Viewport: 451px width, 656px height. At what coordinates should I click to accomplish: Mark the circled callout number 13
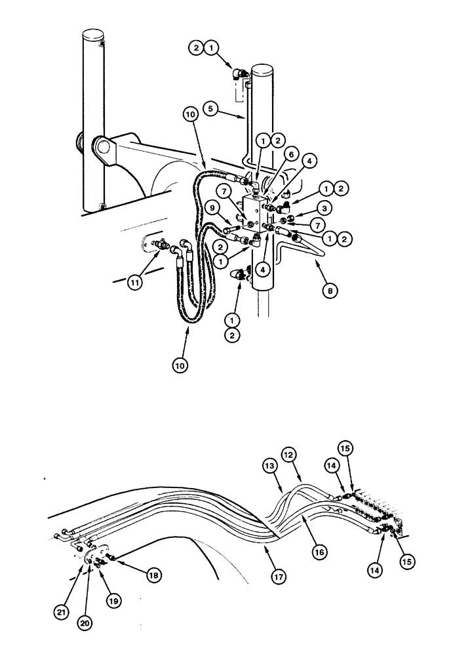click(270, 465)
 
